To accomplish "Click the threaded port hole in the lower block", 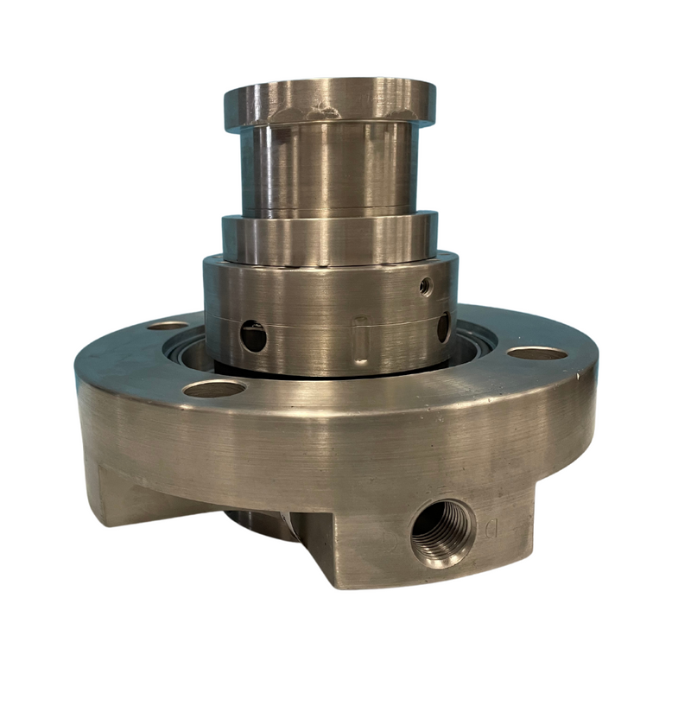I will (x=441, y=531).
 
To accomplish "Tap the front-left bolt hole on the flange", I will (x=213, y=389).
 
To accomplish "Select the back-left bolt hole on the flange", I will (x=168, y=326).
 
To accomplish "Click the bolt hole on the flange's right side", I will (x=536, y=353).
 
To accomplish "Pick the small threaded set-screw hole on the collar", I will (x=425, y=285).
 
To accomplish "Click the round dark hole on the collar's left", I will (x=252, y=335).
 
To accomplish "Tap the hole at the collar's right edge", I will (x=443, y=327).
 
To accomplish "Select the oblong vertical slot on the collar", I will (x=362, y=340).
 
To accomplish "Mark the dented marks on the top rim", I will (x=326, y=109).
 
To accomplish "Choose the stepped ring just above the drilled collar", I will (x=328, y=238).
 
